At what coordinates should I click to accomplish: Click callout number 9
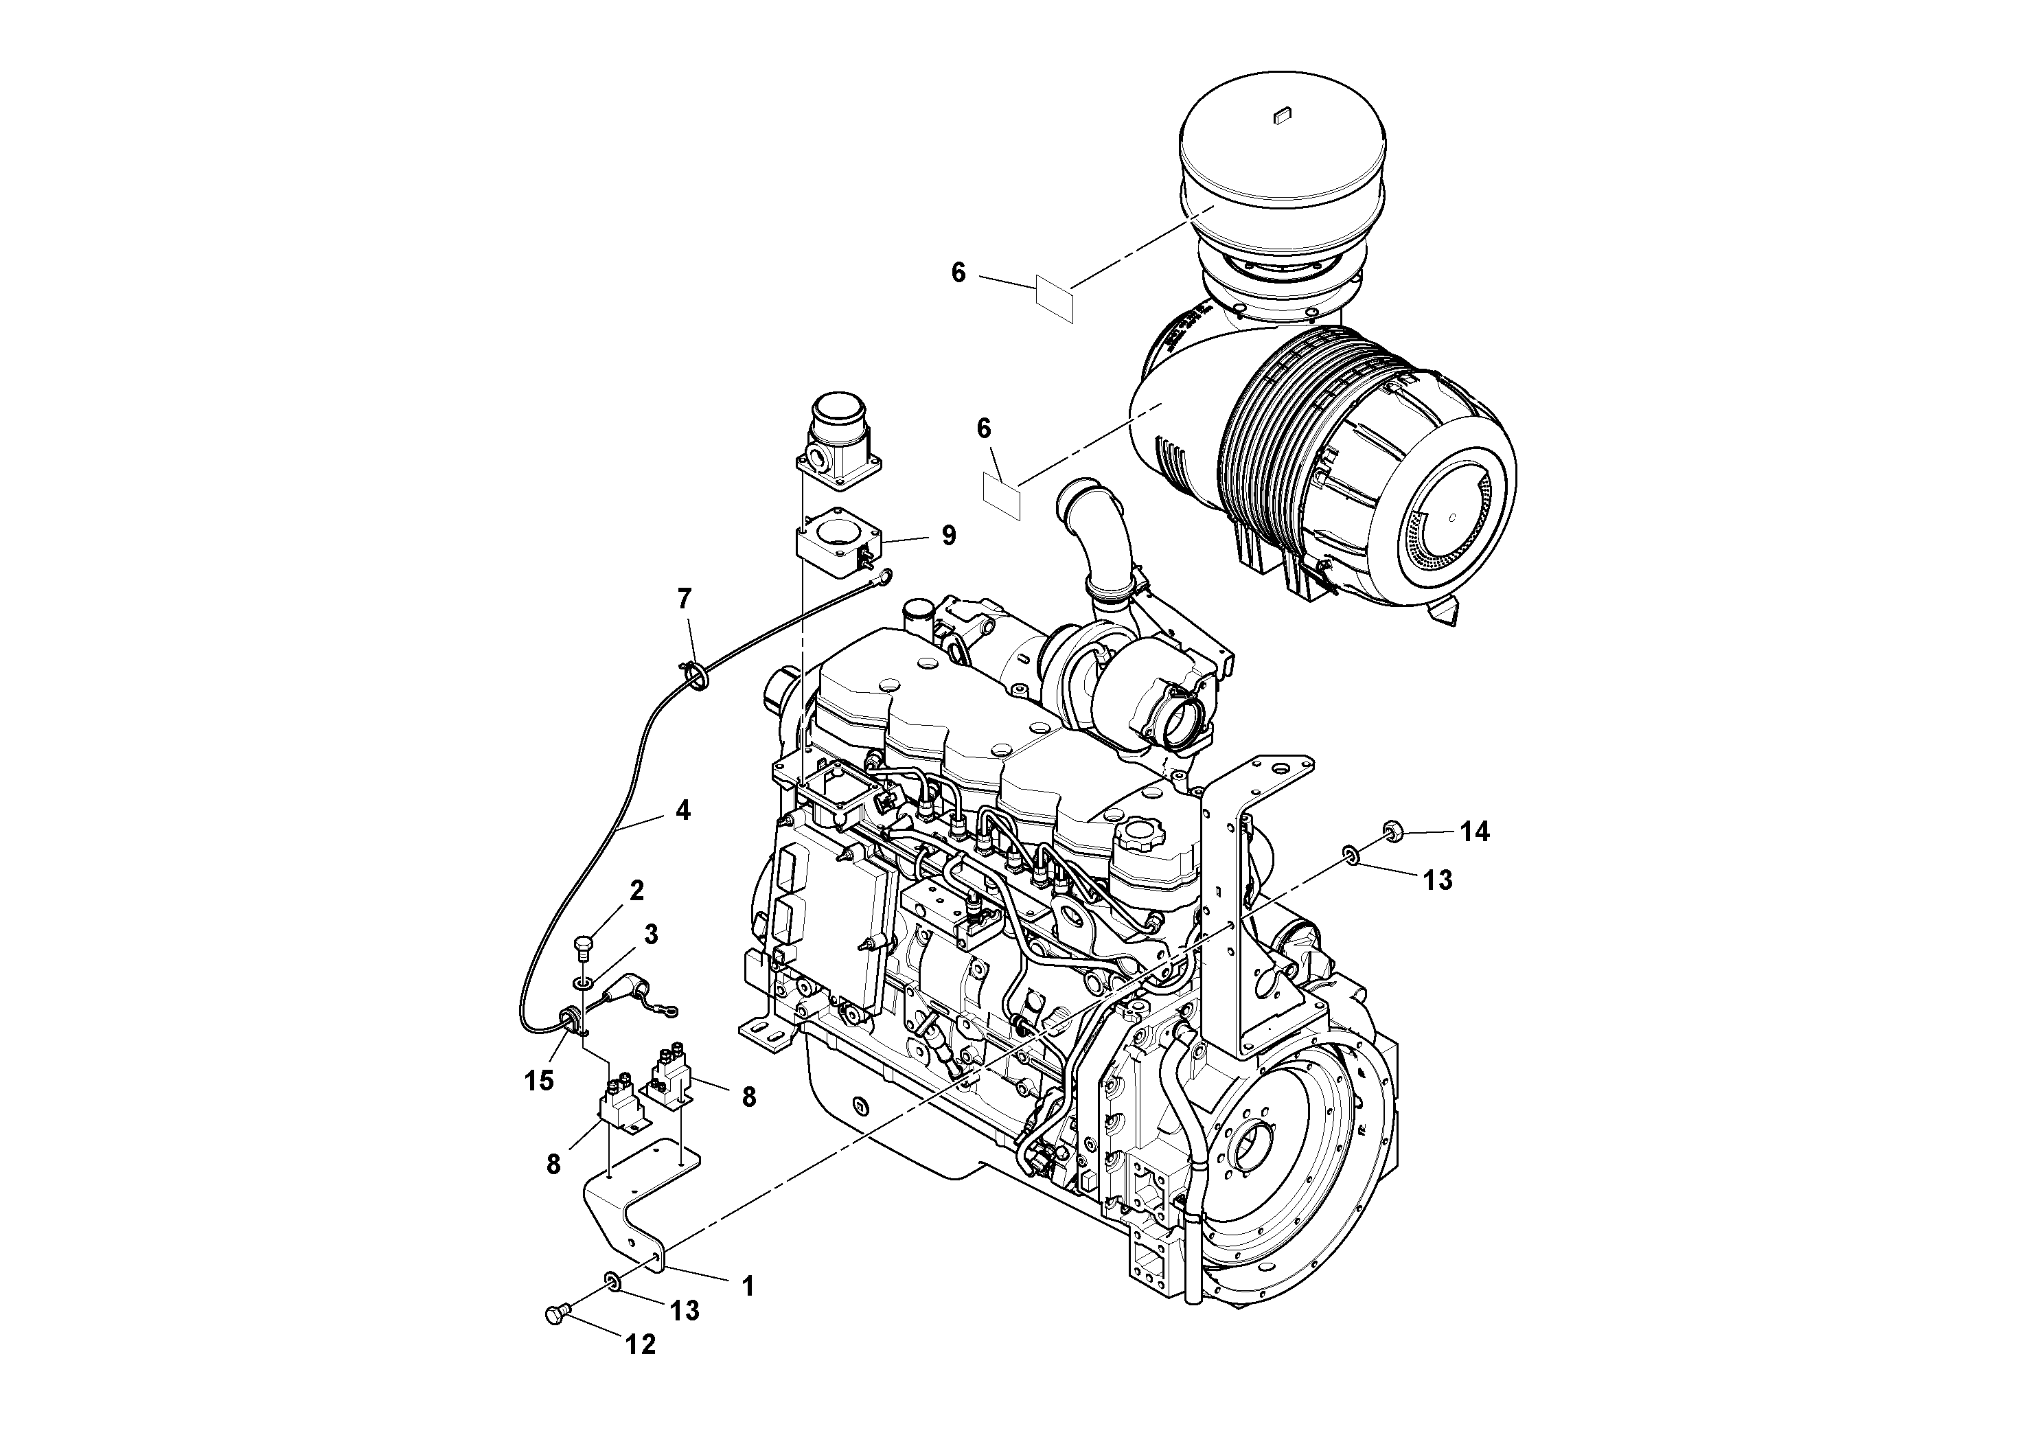click(x=949, y=536)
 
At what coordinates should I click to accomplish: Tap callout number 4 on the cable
click(x=682, y=810)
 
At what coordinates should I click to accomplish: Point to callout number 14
click(x=1474, y=832)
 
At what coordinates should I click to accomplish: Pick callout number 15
click(x=538, y=1081)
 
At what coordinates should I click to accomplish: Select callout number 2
click(x=636, y=891)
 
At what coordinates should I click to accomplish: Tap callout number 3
click(x=651, y=934)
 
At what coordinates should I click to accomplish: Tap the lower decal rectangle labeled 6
click(x=1002, y=496)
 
